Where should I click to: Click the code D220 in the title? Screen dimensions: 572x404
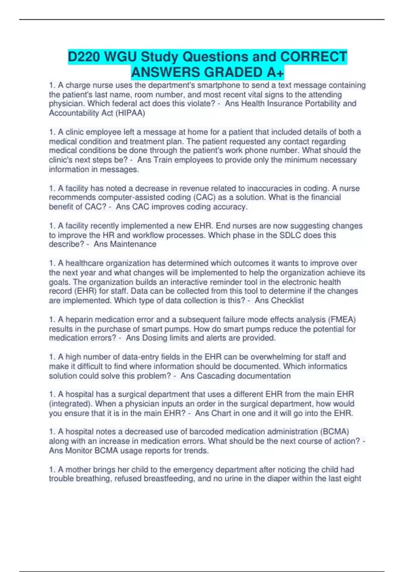84,57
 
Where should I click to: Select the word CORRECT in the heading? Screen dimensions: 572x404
313,57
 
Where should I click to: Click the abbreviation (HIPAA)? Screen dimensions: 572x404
130,113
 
